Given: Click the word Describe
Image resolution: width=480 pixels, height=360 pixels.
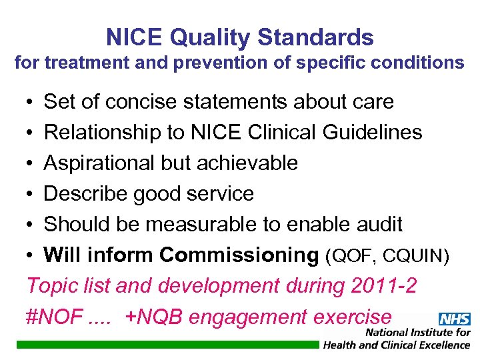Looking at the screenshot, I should [85, 194].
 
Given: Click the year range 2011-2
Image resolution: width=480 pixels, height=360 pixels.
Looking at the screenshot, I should [382, 286].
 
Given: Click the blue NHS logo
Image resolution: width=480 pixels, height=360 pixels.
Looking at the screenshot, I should [455, 319].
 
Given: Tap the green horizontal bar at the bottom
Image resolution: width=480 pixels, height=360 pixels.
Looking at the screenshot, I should [167, 345].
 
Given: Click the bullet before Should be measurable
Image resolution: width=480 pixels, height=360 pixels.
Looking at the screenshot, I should [31, 225].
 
